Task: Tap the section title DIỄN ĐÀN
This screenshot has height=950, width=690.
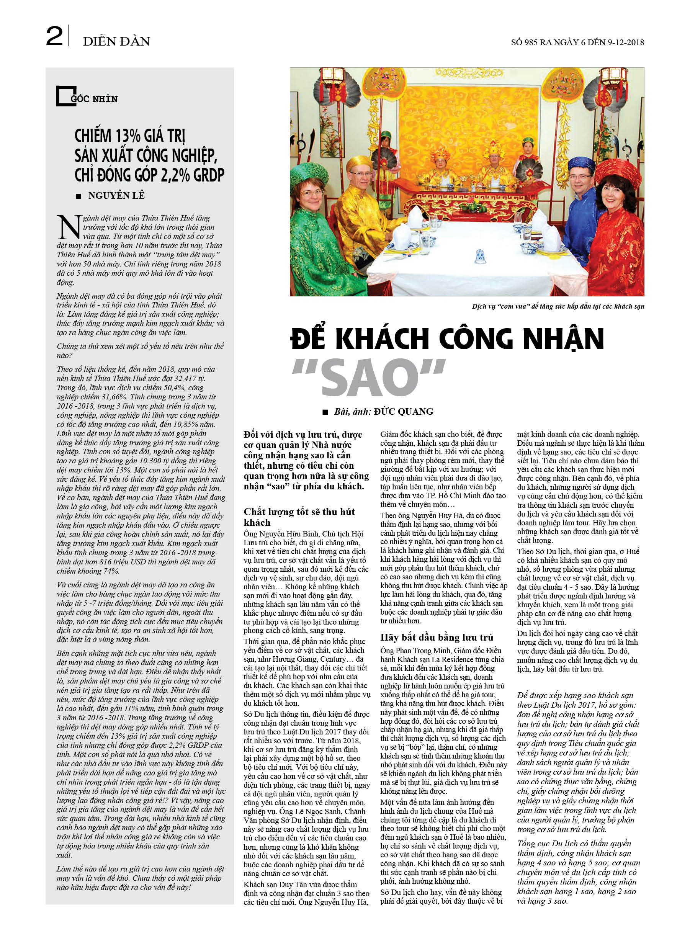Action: (x=116, y=41)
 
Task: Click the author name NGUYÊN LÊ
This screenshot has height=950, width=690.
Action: (x=116, y=195)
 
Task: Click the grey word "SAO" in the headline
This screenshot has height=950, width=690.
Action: (x=369, y=376)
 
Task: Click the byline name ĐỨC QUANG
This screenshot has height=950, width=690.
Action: (x=404, y=411)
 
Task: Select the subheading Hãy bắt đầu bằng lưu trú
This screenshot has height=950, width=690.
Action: (x=437, y=637)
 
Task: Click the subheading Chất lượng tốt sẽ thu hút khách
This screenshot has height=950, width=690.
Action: (x=299, y=517)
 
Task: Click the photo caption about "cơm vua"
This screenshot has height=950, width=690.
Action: (x=558, y=306)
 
